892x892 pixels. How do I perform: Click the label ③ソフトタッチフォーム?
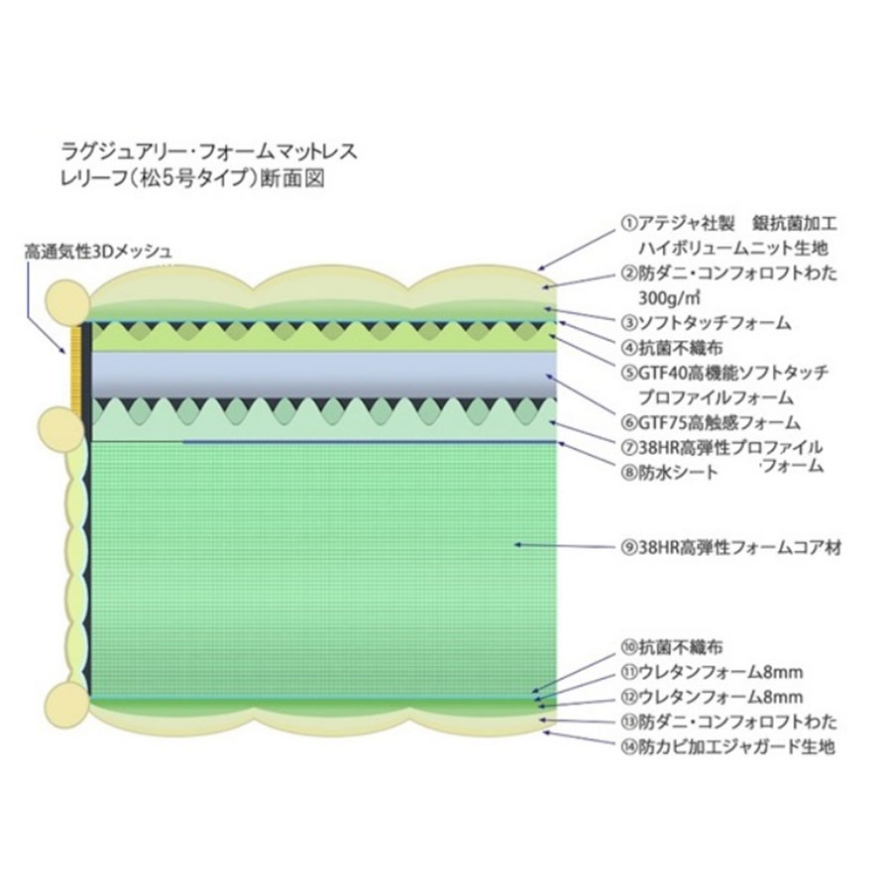706,323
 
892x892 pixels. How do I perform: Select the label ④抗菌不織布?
672,348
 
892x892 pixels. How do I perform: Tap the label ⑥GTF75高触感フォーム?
711,422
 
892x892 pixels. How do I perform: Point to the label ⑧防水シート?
670,472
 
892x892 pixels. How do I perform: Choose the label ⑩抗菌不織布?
672,647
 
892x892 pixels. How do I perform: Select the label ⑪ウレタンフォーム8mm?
712,672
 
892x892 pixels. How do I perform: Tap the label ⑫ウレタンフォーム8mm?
712,697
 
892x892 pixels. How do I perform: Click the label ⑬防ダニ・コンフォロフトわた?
729,722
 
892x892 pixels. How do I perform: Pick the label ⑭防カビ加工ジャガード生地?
728,745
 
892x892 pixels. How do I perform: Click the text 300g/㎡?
669,297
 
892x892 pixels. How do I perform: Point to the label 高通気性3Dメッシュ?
98,251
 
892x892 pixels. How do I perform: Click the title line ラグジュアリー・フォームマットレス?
209,153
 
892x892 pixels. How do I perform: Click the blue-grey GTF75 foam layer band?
324,375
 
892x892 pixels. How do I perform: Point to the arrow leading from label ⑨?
565,546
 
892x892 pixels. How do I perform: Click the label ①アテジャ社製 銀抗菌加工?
729,223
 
